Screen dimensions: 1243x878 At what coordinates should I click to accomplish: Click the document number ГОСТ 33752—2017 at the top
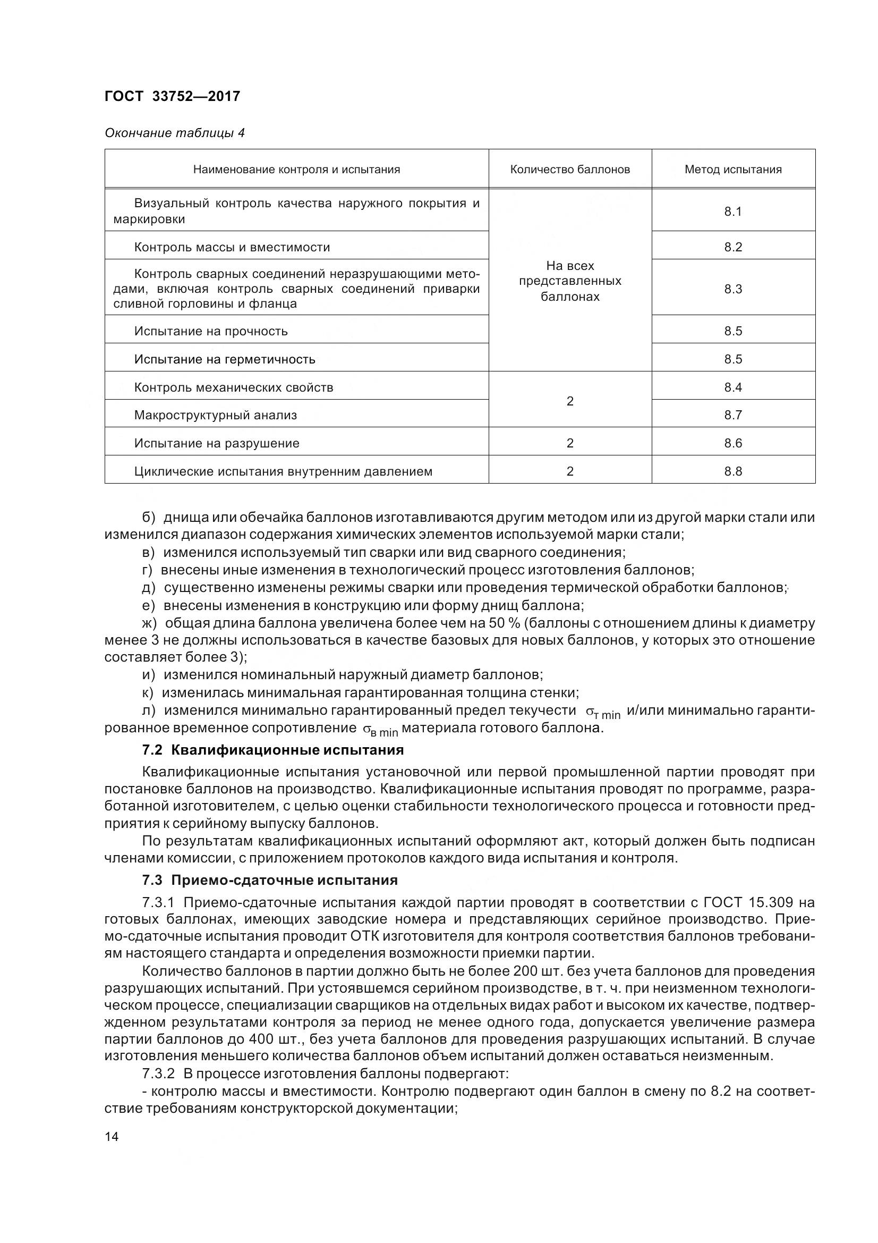(172, 96)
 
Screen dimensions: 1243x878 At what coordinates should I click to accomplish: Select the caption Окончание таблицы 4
(174, 133)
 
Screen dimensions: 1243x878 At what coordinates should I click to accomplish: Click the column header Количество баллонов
(569, 170)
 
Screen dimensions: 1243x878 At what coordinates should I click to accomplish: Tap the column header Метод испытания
(733, 170)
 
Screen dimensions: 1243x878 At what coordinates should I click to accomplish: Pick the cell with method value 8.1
(733, 212)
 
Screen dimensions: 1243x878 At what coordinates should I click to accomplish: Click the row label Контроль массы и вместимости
(232, 248)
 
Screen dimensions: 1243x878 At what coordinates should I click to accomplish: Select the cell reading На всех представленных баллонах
(569, 281)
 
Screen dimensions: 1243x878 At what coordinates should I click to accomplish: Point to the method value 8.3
(733, 289)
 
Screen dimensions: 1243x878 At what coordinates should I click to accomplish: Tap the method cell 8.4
(733, 387)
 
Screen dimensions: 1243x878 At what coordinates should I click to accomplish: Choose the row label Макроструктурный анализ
(215, 415)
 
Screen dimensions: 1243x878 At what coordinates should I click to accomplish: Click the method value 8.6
(733, 443)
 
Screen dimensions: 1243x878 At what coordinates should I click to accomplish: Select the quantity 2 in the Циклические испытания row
(569, 471)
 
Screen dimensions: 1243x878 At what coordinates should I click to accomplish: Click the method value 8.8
(733, 471)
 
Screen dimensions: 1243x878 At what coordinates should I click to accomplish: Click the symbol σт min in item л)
(603, 713)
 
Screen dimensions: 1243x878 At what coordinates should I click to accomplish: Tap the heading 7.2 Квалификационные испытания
(272, 750)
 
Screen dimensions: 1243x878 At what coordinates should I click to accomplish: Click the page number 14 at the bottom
(112, 1136)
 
